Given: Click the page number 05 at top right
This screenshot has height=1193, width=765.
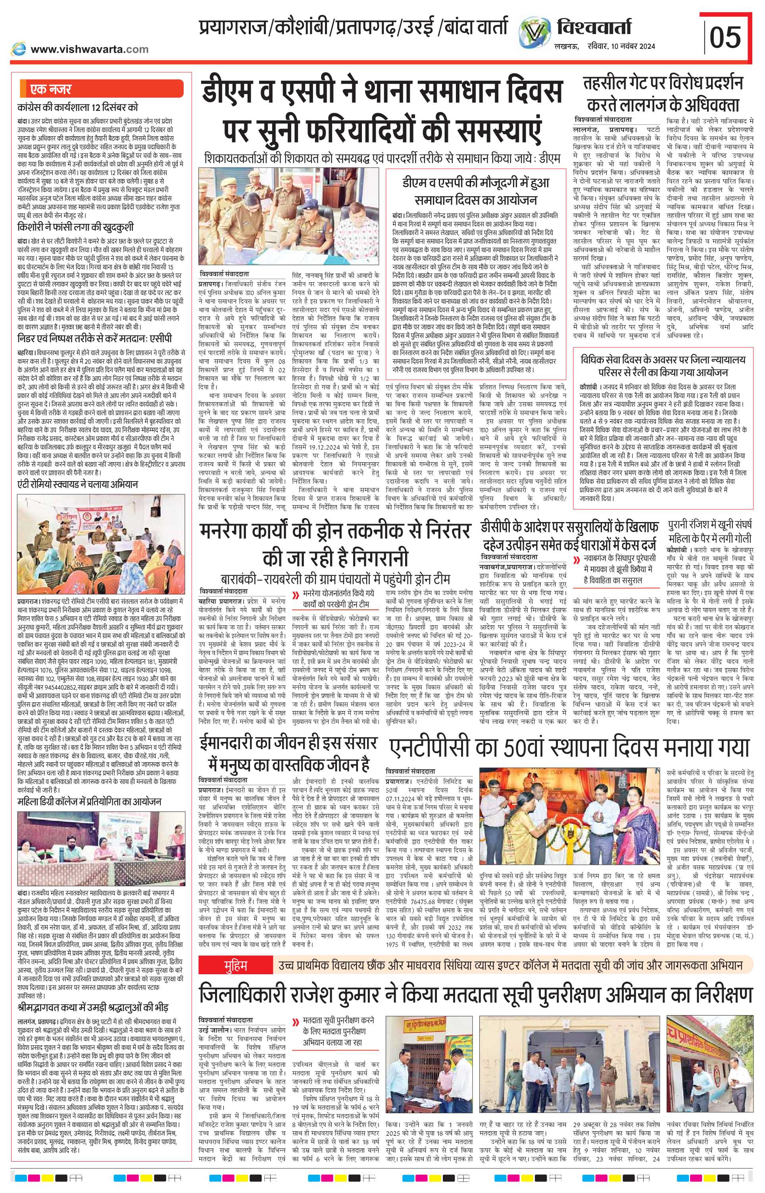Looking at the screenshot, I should [x=726, y=38].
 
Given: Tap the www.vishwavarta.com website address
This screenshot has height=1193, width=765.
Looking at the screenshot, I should [x=89, y=49].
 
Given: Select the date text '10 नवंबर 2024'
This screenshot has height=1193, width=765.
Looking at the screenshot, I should [x=632, y=46].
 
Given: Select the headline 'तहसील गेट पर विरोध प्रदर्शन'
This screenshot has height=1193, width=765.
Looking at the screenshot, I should [x=663, y=83].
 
